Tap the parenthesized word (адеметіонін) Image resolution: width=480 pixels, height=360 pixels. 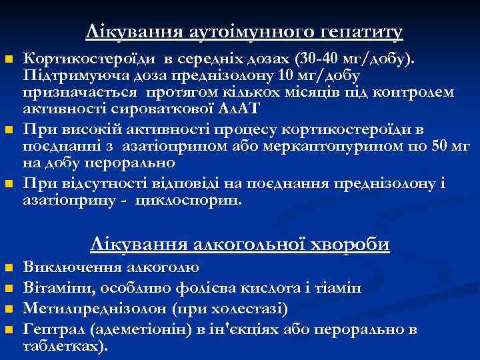click(138, 329)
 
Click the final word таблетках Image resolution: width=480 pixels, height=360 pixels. click(64, 347)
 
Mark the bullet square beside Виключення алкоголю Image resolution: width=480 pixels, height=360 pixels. click(9, 269)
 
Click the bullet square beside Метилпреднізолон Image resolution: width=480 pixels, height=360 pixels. click(9, 309)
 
